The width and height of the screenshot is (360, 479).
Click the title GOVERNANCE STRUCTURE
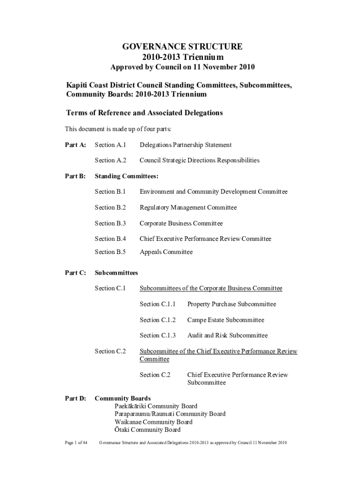click(182, 46)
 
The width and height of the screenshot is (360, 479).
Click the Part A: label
click(75, 145)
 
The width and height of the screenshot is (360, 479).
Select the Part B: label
click(75, 176)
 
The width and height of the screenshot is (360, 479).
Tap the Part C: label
click(75, 273)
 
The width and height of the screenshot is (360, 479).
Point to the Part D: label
click(75, 399)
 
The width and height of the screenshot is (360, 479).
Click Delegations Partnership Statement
click(186, 145)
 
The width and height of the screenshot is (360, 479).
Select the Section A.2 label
click(110, 160)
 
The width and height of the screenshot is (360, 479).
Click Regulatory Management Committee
click(188, 208)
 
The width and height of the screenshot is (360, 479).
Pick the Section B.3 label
click(110, 223)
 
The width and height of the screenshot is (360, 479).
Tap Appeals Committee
click(166, 252)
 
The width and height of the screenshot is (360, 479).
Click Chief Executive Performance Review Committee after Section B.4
click(205, 239)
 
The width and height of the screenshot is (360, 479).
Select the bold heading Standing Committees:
click(127, 176)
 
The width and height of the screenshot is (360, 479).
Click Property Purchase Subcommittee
click(231, 304)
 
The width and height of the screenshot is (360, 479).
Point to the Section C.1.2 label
click(158, 320)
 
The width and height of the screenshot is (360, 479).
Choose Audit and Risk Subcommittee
click(227, 335)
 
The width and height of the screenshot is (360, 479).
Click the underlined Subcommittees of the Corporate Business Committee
click(211, 288)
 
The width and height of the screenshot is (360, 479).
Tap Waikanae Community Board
click(153, 422)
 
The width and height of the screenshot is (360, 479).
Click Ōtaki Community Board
click(147, 430)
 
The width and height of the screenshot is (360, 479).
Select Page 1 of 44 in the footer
click(76, 443)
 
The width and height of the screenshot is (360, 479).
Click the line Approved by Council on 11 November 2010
click(182, 67)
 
